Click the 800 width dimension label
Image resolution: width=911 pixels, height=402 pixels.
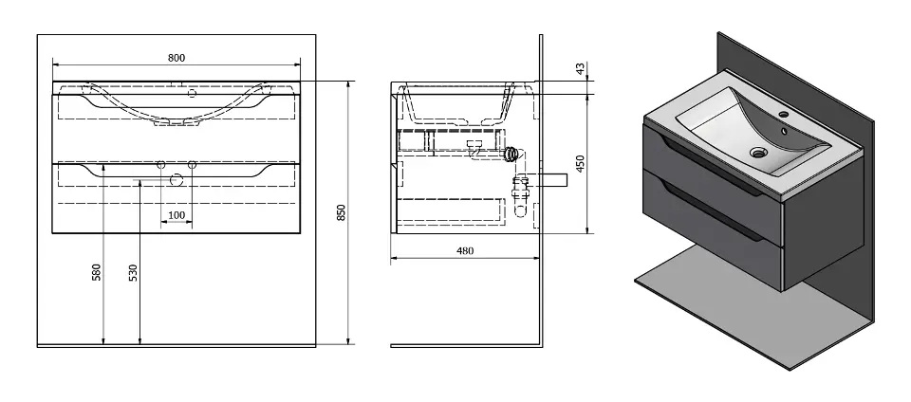[177, 58]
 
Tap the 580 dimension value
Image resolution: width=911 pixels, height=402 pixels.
[97, 272]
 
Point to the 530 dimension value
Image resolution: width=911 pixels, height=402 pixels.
[133, 273]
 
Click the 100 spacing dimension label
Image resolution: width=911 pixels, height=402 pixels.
[177, 215]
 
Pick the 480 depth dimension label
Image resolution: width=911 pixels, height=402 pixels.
[465, 250]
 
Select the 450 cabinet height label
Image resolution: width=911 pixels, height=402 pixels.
[580, 163]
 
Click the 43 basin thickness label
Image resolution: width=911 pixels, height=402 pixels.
[580, 68]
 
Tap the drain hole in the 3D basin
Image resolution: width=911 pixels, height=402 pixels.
[757, 153]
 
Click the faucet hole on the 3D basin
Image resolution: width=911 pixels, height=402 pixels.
[783, 115]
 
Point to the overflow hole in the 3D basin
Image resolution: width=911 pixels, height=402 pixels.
[784, 132]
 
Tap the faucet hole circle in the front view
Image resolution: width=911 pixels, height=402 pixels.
[193, 92]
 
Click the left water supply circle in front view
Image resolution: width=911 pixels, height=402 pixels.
[161, 165]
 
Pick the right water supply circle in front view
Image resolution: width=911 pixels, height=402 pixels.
[193, 165]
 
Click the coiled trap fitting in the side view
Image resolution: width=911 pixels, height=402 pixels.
[511, 155]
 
